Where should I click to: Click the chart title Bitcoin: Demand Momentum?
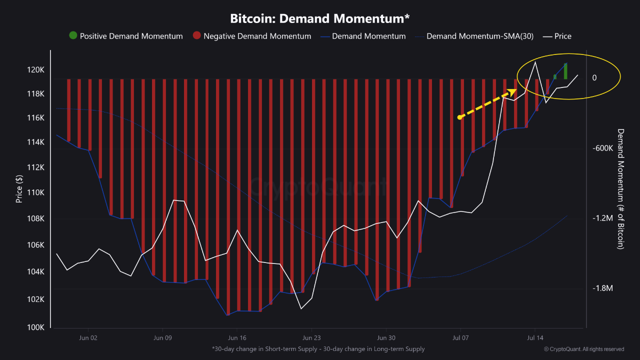tap(320, 18)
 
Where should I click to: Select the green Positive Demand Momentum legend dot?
tap(73, 36)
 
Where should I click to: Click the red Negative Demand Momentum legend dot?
tap(197, 36)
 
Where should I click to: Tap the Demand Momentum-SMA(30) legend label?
tap(479, 36)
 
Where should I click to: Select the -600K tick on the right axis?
tap(602, 148)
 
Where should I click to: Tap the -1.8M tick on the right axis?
tap(602, 288)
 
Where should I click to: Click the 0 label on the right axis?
tap(594, 78)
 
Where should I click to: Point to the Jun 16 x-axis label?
tap(237, 337)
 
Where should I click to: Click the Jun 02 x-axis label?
tap(88, 337)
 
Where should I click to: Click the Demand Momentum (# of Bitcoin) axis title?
tap(620, 188)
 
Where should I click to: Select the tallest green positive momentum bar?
tap(565, 71)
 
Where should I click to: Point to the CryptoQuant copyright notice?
tap(583, 349)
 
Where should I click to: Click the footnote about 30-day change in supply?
tap(318, 349)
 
